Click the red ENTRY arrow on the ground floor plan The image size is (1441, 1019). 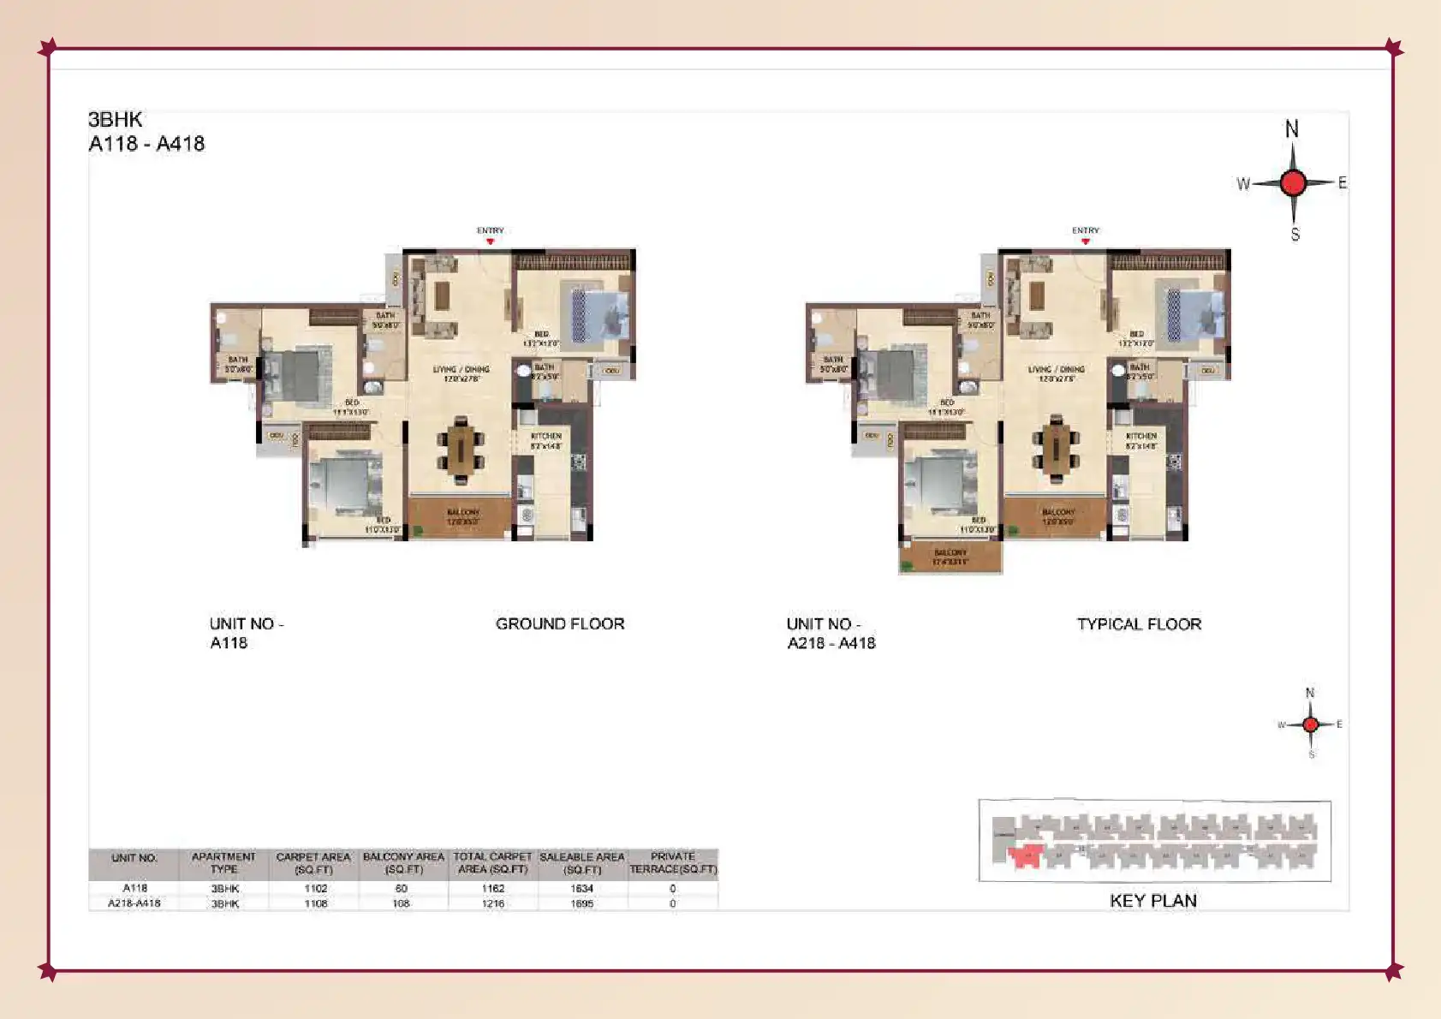coord(491,241)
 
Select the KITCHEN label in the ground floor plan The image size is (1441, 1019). coord(545,437)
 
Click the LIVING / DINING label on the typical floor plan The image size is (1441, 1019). coord(1057,369)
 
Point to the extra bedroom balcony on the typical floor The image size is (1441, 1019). coord(950,557)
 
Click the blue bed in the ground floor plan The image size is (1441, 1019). coord(599,314)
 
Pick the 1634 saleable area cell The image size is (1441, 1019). coord(582,889)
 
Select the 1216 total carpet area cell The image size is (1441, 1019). coord(493,903)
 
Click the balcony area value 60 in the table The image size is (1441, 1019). coord(402,889)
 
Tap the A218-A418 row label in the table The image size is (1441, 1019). coord(134,903)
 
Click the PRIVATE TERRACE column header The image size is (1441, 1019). coord(673,862)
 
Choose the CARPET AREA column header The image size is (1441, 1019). coord(313,862)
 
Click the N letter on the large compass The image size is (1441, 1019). coord(1292,129)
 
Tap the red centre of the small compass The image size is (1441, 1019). coord(1310,724)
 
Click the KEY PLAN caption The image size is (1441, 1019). coord(1153,901)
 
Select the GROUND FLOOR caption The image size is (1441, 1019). coord(560,624)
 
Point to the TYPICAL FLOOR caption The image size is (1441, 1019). coord(1139,624)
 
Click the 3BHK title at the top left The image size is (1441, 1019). coord(116,120)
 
